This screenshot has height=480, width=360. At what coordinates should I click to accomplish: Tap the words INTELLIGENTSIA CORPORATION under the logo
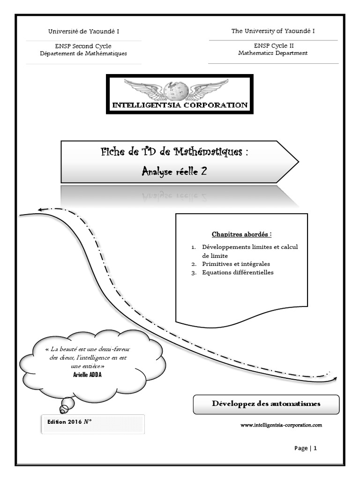point(180,105)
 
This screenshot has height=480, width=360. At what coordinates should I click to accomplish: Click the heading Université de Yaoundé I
point(84,31)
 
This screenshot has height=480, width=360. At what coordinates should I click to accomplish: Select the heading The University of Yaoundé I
point(273,31)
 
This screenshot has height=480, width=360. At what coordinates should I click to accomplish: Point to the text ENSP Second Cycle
point(84,46)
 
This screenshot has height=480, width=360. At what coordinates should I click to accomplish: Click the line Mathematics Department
point(273,53)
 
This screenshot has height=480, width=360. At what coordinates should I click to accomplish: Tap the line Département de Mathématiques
point(84,53)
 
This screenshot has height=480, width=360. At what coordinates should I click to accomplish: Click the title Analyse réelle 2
point(174,172)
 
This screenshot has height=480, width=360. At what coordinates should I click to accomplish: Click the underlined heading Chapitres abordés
point(241,234)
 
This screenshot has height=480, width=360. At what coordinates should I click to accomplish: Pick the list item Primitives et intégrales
point(236,264)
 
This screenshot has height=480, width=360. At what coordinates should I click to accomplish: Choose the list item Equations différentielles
point(238,272)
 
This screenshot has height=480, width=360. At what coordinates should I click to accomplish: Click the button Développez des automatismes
point(266,404)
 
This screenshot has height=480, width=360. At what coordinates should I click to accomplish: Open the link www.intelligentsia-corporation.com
point(281,425)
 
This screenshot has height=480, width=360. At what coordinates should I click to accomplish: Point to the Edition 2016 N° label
point(69,422)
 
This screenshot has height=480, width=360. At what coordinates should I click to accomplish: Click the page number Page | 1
point(306,448)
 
